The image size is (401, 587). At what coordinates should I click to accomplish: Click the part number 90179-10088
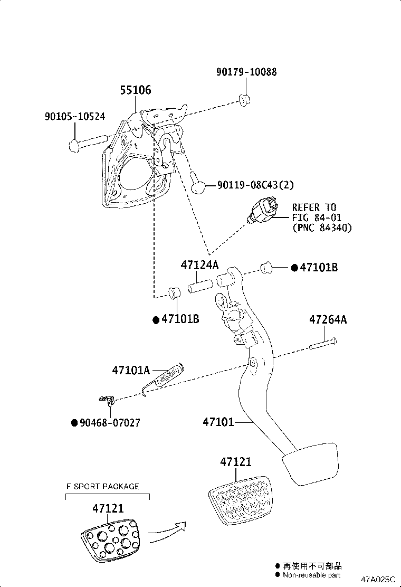tap(246, 72)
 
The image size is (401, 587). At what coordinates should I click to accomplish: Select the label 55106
tap(135, 90)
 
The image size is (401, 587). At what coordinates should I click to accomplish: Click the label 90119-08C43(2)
tap(255, 185)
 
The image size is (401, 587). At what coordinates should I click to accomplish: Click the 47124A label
tap(199, 265)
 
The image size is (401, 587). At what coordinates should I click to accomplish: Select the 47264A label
tap(328, 320)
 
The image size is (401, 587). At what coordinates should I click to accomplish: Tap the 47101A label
tap(131, 371)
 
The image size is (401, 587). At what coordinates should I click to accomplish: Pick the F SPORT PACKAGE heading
tap(102, 486)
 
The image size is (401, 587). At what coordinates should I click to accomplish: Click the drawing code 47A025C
tap(378, 579)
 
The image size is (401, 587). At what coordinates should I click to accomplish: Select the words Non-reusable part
tap(311, 575)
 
